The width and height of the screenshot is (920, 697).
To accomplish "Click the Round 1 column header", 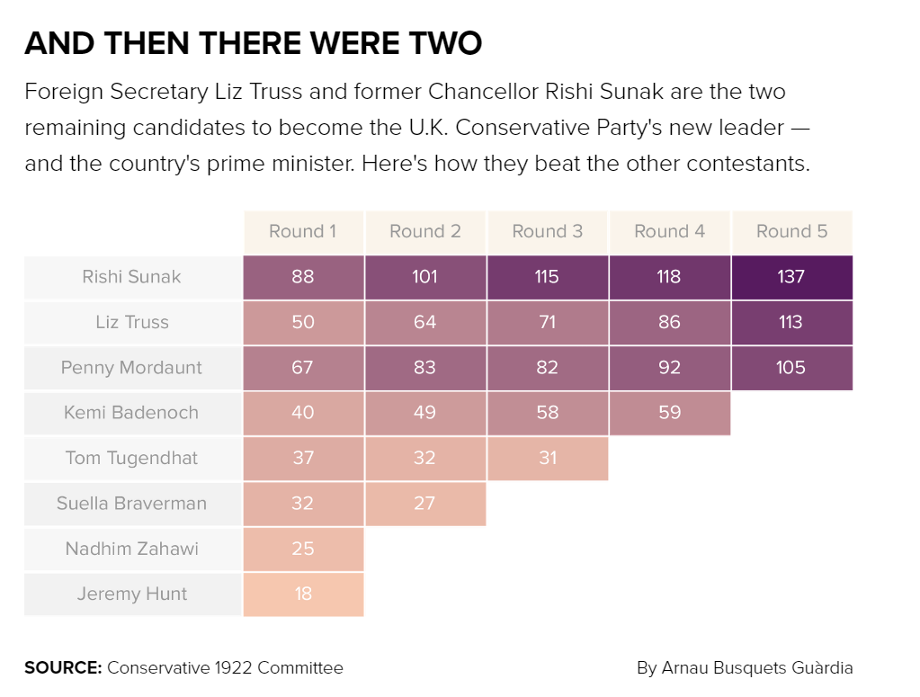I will (303, 232).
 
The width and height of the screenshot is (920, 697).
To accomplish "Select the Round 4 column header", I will (670, 232).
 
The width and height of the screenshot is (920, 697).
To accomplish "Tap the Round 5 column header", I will (791, 232).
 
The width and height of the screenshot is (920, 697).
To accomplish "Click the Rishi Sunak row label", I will (132, 277).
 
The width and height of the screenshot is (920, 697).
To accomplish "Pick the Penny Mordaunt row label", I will (132, 368).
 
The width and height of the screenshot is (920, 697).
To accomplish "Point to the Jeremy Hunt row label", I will (132, 594).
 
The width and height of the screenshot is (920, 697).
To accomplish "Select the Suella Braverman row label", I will (132, 504).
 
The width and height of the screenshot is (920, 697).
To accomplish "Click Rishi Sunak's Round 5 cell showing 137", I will (791, 277).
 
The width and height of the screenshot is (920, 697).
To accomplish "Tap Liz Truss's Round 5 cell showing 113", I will (791, 322).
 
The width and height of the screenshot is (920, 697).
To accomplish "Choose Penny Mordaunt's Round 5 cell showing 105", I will (791, 368).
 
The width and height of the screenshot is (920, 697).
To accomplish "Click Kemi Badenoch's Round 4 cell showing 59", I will (670, 413).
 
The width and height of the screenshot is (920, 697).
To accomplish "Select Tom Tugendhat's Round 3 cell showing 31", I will (548, 458).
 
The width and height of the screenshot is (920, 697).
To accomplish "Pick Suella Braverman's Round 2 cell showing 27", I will (425, 504).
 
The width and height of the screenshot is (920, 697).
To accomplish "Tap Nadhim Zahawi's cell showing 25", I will (303, 549).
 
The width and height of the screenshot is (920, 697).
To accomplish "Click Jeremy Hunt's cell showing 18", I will (303, 594).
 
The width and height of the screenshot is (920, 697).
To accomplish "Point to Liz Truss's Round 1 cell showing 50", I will (303, 322).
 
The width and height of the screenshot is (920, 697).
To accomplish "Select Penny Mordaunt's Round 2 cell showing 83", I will (425, 368).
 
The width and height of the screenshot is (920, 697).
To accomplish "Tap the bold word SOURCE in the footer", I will (62, 668).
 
